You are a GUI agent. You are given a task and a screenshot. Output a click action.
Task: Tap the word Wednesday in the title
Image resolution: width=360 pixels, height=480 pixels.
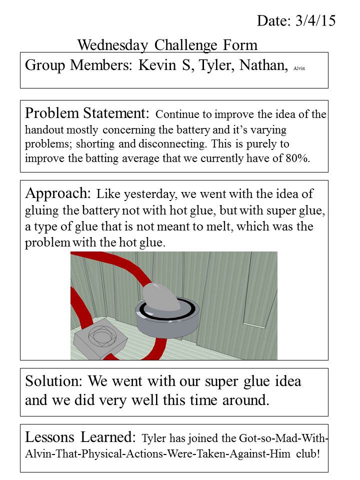click(x=113, y=45)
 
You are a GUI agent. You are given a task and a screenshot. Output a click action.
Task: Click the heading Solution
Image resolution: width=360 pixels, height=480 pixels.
click(x=54, y=381)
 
